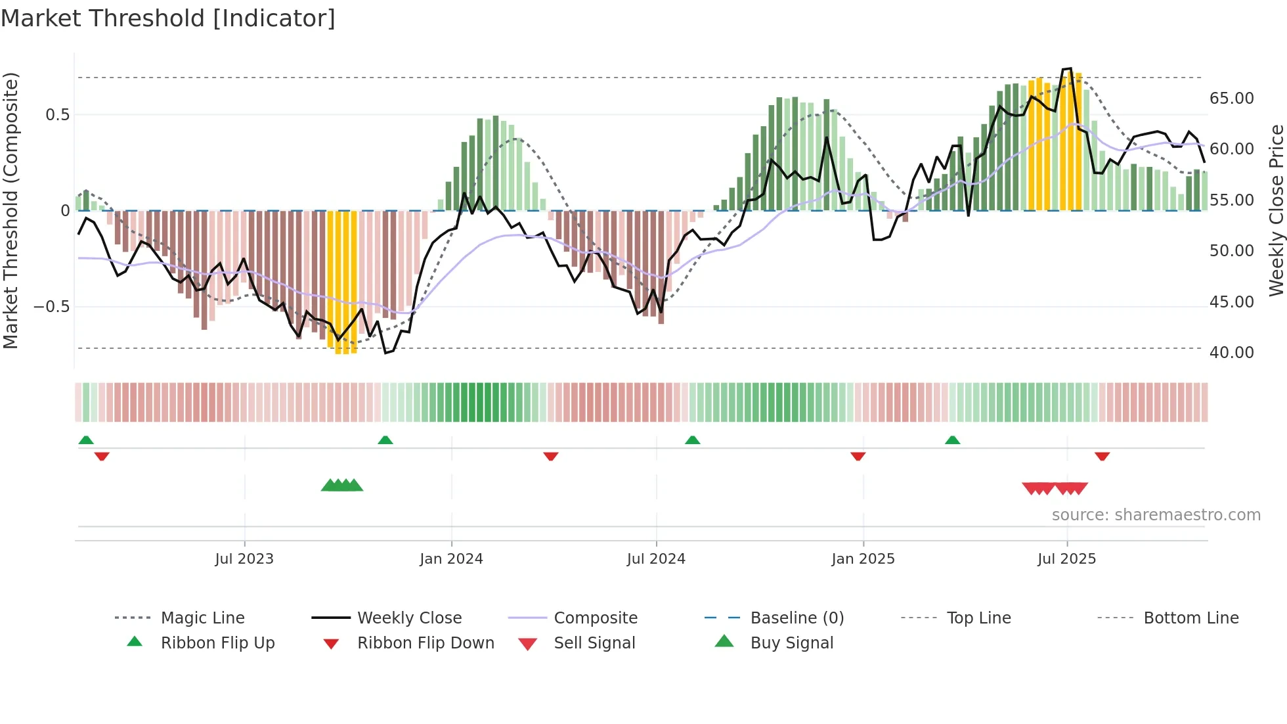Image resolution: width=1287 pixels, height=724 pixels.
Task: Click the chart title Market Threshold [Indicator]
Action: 168,18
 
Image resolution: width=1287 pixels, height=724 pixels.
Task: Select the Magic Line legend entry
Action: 202,618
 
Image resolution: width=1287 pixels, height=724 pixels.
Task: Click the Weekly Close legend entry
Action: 409,618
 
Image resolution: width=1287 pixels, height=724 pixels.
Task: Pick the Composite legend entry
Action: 595,618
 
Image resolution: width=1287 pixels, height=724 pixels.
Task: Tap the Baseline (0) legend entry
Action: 796,618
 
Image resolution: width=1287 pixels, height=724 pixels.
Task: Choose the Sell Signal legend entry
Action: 594,643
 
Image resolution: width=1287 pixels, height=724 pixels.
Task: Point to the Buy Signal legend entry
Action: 791,643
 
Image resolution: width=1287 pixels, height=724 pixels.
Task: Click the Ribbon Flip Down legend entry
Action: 425,643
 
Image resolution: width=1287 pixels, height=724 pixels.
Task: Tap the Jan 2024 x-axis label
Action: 451,558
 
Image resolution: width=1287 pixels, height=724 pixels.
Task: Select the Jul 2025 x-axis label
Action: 1066,558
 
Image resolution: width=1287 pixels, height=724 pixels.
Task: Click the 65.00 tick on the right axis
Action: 1231,99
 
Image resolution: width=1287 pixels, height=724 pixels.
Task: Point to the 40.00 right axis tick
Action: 1231,353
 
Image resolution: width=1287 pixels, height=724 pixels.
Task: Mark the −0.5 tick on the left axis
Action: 52,307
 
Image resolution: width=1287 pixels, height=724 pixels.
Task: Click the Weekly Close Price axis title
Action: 1276,210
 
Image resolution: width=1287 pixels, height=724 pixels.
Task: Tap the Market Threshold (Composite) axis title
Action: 11,210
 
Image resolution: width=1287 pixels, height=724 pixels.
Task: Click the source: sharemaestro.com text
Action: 1156,515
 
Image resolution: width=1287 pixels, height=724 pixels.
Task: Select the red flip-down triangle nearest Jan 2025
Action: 858,456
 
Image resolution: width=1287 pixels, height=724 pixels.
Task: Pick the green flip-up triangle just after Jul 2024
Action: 692,440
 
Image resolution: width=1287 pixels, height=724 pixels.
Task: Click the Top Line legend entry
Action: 978,618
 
